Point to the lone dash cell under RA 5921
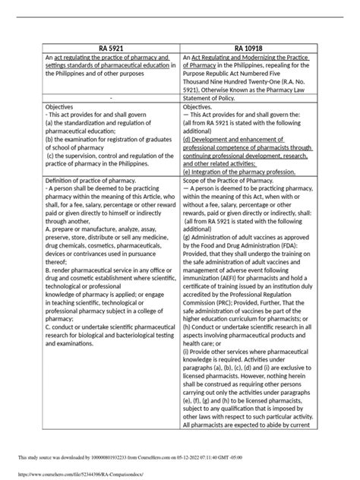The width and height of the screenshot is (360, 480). (111, 98)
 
